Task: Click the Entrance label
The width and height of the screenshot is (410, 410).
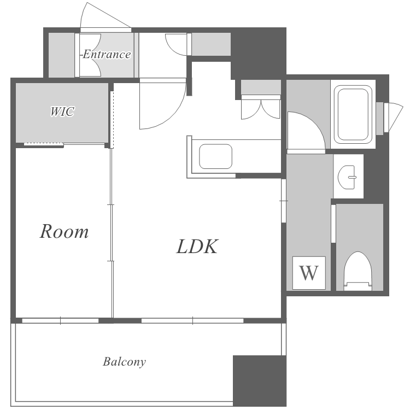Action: pos(106,54)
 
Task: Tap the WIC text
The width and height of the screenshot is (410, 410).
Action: pos(62,112)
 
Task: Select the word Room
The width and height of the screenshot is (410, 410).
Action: pos(64,231)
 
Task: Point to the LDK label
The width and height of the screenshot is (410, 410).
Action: pos(197,247)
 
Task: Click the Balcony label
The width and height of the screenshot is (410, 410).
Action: pos(124,362)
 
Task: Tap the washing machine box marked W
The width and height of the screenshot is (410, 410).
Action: pos(309,273)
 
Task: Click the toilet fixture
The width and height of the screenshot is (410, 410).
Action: pos(358,271)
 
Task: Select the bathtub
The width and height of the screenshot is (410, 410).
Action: pos(353,114)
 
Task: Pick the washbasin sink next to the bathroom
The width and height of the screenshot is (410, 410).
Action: pos(347,177)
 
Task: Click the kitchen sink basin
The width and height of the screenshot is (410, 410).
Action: pos(216,156)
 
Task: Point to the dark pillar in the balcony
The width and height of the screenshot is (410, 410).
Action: pos(259,380)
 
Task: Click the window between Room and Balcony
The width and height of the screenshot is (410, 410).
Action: pos(60,320)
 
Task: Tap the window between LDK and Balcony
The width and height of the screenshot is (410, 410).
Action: pos(192,320)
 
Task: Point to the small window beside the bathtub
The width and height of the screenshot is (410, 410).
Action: pos(389,118)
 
